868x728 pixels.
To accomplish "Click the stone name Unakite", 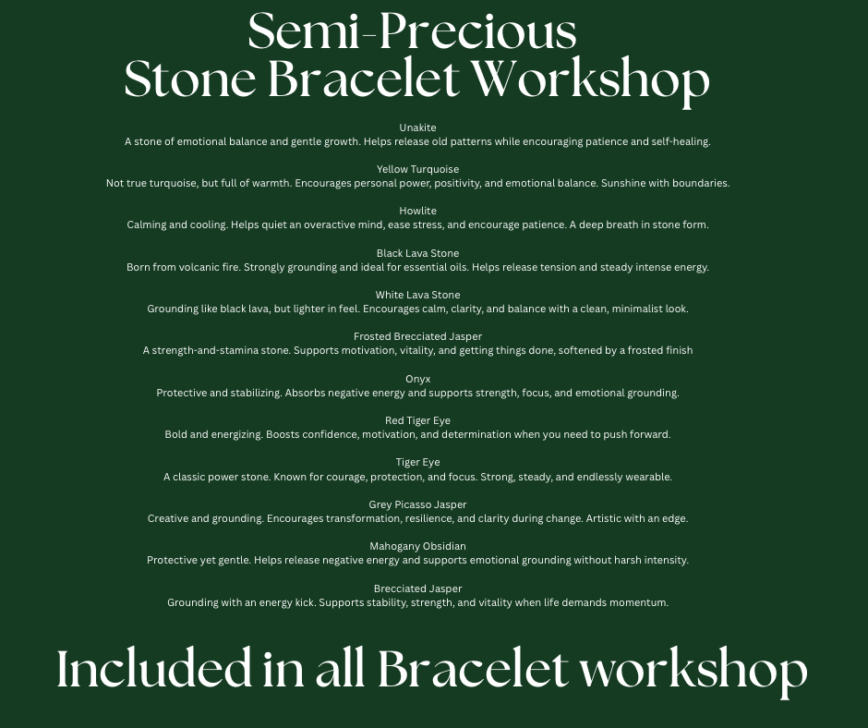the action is click(417, 127).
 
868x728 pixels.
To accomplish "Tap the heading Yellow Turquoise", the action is click(417, 169).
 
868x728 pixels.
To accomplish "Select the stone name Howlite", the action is click(417, 211).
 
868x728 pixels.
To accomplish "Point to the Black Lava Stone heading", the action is click(417, 253).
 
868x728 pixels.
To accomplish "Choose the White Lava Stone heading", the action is click(417, 295).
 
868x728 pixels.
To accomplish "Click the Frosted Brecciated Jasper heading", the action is click(417, 336).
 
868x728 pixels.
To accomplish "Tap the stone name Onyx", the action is click(417, 379).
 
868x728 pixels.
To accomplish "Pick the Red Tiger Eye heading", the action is click(417, 420).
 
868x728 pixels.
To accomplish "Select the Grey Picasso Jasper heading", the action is click(417, 504).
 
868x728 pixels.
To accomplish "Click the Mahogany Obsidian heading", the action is click(417, 546).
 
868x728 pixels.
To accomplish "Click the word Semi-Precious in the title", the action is click(413, 31).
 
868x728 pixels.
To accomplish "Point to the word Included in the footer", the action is click(154, 668).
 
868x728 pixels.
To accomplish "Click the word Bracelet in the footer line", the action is click(474, 668).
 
